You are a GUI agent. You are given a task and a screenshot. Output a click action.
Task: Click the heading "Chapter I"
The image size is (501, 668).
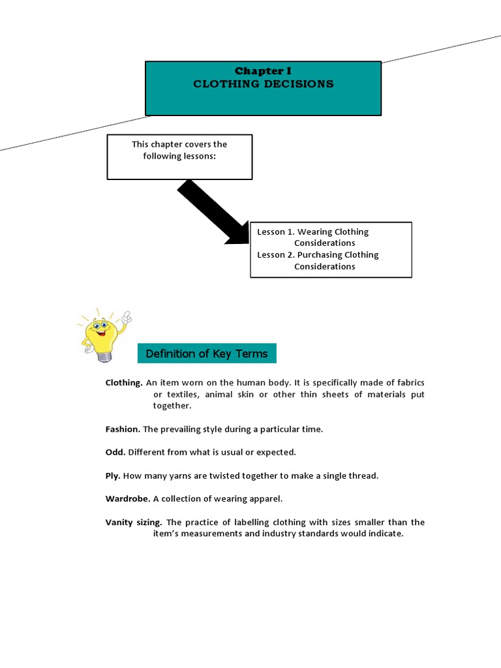pos(263,70)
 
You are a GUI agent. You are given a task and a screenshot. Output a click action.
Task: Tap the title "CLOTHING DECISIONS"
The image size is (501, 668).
pos(263,83)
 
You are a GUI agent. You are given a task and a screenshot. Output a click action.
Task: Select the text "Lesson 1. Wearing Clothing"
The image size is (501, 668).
pos(312,232)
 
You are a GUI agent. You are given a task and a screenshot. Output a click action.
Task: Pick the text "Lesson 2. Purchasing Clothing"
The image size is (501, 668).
pos(318,254)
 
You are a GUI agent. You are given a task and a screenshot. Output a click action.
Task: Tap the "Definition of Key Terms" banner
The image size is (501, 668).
pos(207,354)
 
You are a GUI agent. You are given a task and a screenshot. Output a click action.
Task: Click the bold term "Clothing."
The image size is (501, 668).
pos(124,382)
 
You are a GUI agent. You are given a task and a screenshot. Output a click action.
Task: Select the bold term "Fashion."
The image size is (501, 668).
pos(123,429)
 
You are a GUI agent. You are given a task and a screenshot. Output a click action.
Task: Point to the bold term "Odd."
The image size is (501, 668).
pos(115,452)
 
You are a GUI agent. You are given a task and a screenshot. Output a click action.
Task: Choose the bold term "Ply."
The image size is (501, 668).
pos(113,476)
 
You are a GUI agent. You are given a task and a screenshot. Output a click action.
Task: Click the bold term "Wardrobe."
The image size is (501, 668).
pos(128,498)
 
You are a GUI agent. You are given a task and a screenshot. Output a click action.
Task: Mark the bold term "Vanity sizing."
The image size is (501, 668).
pos(134,522)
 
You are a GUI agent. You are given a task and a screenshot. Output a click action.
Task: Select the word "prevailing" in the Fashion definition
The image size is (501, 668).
pos(181,429)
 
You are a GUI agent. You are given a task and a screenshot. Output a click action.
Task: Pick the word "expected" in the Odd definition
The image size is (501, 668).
pos(277,452)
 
